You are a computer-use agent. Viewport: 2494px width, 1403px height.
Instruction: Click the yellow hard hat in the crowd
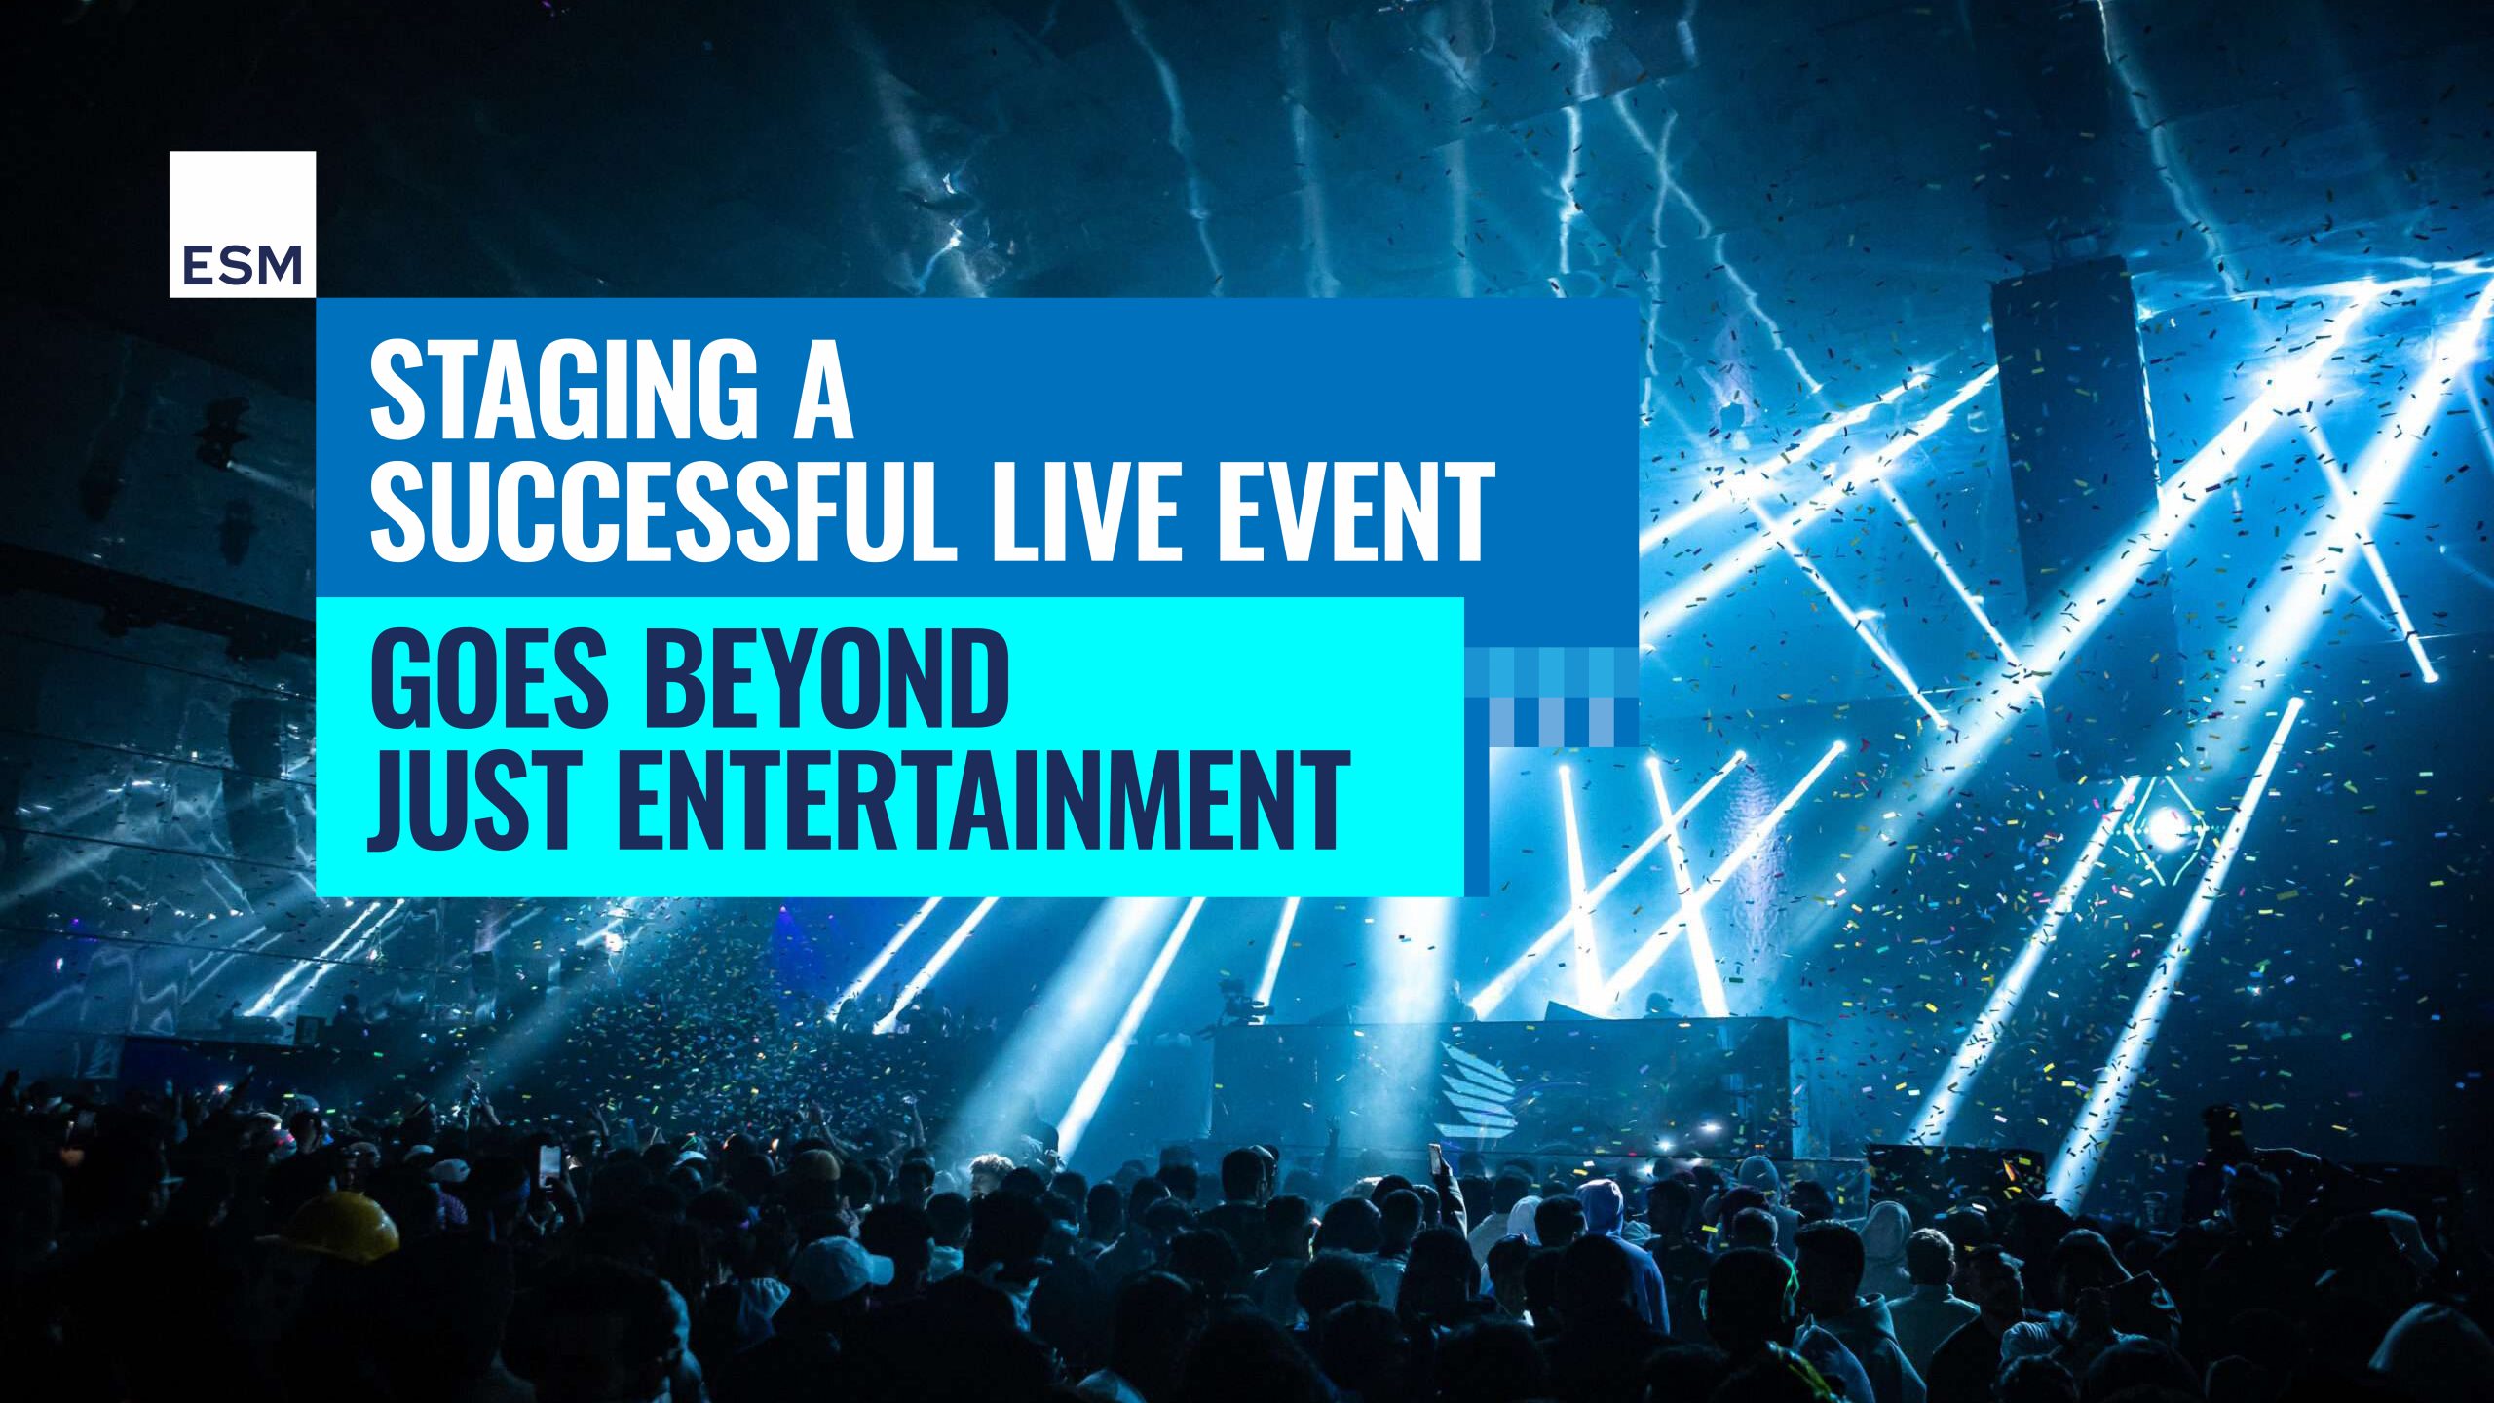pyautogui.click(x=346, y=1225)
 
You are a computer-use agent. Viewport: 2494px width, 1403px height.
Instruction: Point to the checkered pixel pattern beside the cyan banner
pyautogui.click(x=1552, y=697)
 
